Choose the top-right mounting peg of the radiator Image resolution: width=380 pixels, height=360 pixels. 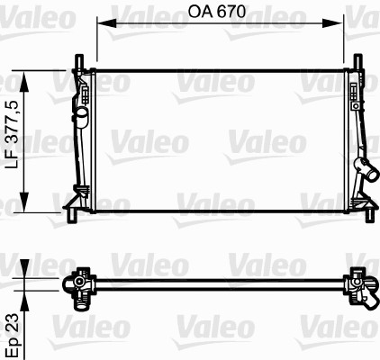[358, 63]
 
